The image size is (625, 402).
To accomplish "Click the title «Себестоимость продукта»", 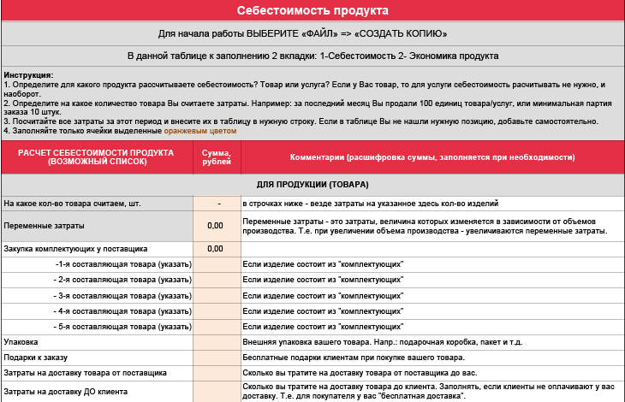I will [x=312, y=10].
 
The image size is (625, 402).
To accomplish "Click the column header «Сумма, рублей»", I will [x=216, y=157].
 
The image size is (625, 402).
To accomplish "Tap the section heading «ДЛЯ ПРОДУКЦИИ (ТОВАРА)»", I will [x=312, y=184].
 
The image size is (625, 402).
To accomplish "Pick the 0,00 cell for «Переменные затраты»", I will [x=216, y=226].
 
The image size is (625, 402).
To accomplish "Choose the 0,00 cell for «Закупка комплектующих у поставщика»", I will [x=216, y=249].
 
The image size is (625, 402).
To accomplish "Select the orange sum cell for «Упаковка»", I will [x=216, y=341].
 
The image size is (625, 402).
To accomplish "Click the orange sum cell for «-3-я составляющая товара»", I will [x=216, y=295].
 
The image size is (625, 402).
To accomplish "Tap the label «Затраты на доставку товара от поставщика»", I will [x=85, y=373].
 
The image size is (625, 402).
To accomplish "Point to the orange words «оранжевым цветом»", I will [x=200, y=131].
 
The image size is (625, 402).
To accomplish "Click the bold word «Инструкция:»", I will [x=28, y=75].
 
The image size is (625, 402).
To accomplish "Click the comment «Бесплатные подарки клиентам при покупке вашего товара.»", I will [x=354, y=358].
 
